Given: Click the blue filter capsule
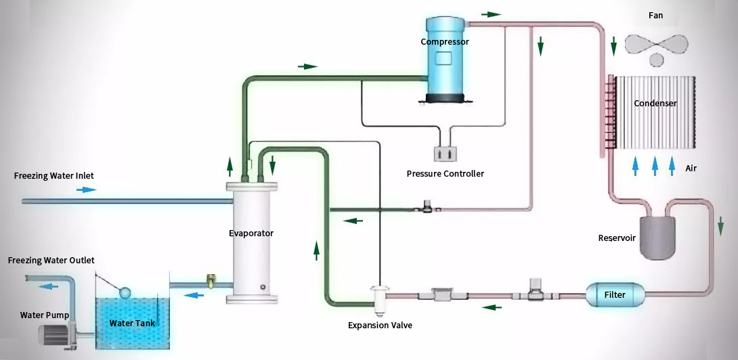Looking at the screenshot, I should pyautogui.click(x=614, y=295).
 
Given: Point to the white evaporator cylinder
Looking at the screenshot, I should pyautogui.click(x=253, y=244).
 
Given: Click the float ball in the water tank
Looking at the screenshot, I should pyautogui.click(x=125, y=292).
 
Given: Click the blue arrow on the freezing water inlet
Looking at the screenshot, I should pyautogui.click(x=86, y=190).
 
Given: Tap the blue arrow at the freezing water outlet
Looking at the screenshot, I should pyautogui.click(x=48, y=286).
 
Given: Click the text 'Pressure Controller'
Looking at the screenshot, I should pyautogui.click(x=445, y=174).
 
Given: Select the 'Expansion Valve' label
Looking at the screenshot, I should pyautogui.click(x=380, y=325).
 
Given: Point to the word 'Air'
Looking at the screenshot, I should pyautogui.click(x=691, y=168).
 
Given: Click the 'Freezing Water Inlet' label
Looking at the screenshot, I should pyautogui.click(x=53, y=176).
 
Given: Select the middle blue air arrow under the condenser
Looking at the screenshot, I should pyautogui.click(x=655, y=166).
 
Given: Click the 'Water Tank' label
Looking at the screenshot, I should pyautogui.click(x=132, y=323).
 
